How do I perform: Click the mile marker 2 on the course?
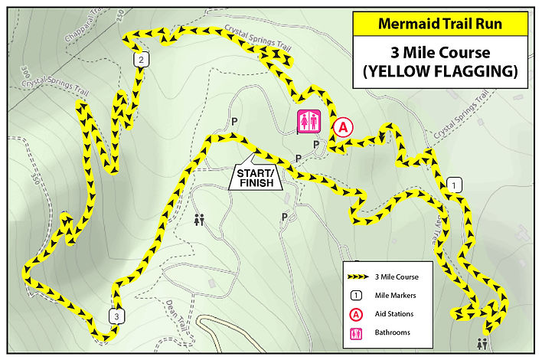(141, 60)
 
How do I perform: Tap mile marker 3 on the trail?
(115, 316)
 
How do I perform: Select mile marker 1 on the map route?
(454, 185)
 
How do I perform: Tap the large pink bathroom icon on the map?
(309, 121)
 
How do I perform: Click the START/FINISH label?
(256, 178)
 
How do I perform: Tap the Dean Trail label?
(175, 314)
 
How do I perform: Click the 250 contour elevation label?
(121, 17)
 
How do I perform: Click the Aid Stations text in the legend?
(394, 314)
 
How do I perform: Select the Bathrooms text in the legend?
(393, 332)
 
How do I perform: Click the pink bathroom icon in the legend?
(357, 332)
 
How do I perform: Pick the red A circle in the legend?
(357, 314)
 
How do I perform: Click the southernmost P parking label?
(285, 218)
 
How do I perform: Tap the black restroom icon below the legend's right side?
(482, 344)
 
